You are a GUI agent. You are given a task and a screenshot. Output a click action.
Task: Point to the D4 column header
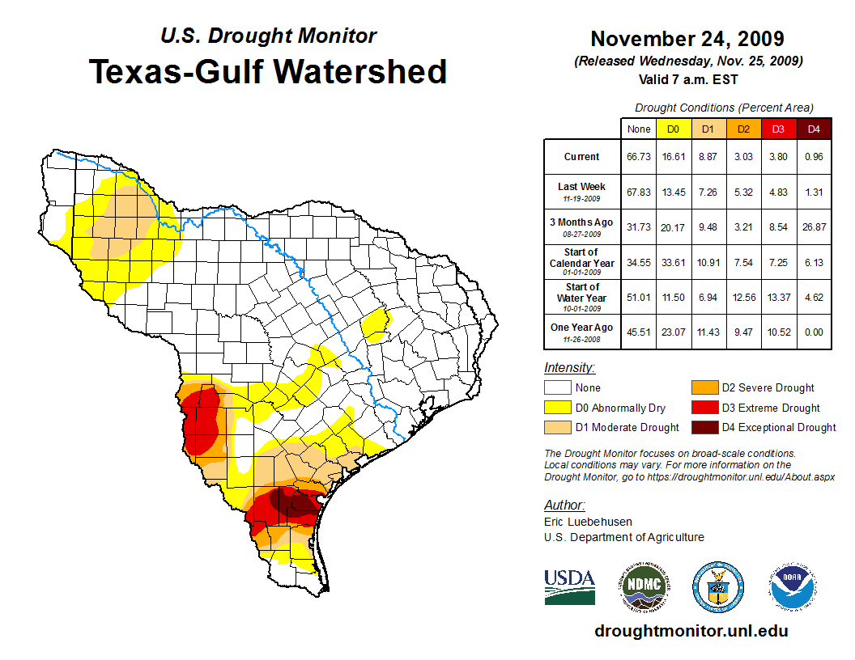[814, 129]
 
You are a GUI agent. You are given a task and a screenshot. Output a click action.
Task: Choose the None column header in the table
[638, 129]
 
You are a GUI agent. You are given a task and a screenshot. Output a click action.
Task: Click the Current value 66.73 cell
[638, 157]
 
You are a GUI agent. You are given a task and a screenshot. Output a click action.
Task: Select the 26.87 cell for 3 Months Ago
[814, 226]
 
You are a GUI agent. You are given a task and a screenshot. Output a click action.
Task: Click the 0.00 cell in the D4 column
[814, 332]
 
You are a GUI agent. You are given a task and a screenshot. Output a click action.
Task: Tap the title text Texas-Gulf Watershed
[268, 71]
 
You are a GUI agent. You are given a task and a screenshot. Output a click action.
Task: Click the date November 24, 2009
[687, 39]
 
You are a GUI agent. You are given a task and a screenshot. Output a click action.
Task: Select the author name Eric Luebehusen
[588, 522]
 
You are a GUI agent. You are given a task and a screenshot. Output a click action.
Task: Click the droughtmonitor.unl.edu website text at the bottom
[691, 631]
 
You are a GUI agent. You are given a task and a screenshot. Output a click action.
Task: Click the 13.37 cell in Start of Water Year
[779, 297]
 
